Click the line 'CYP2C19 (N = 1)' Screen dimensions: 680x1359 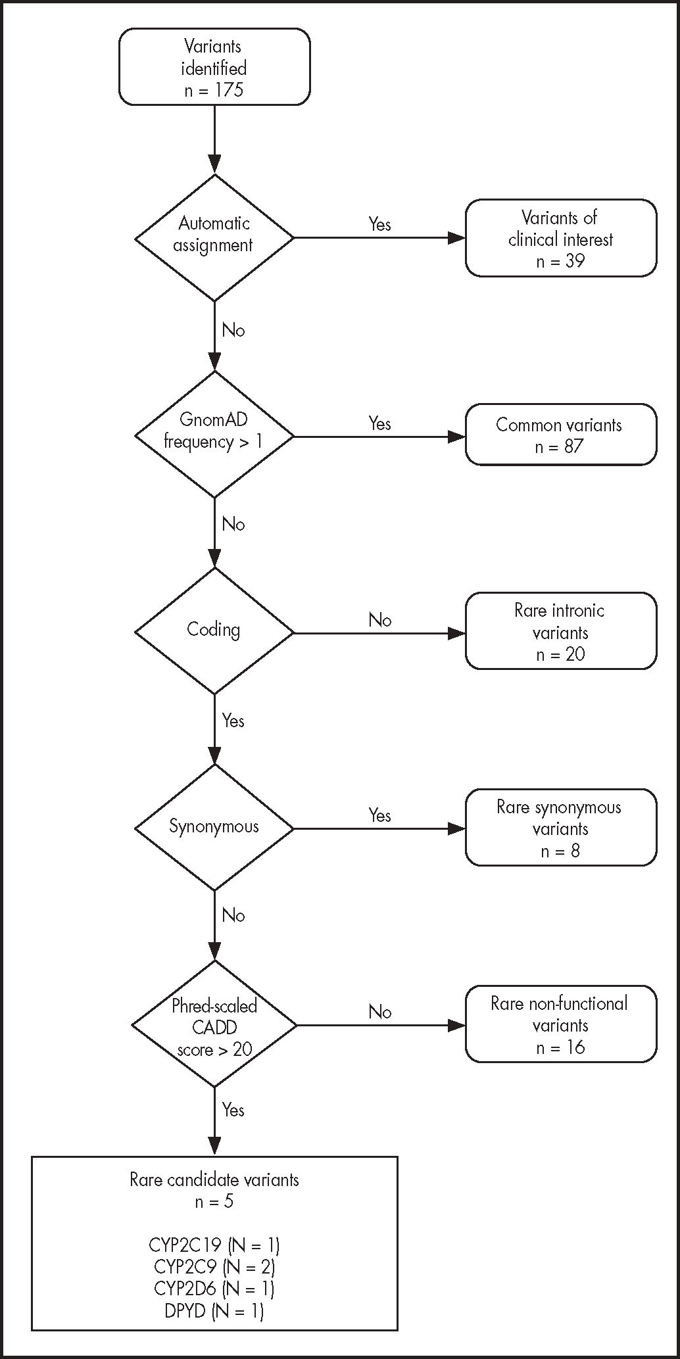pos(214,1245)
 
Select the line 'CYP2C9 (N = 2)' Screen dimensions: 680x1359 pos(214,1266)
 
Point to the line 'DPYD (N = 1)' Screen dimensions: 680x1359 pos(214,1311)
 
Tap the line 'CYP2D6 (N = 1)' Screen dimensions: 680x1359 pos(214,1288)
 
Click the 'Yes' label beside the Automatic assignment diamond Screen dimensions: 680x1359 pos(379,224)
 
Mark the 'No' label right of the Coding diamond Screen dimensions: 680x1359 pos(379,620)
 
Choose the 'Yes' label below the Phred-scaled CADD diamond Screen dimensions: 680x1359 pos(233,1110)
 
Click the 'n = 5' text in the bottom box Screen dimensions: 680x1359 pos(214,1202)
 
